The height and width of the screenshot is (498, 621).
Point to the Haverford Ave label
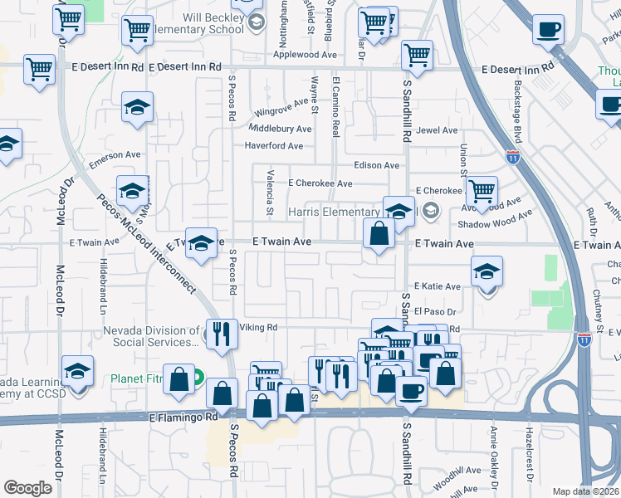point(273,146)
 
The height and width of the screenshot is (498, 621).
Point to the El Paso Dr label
point(437,311)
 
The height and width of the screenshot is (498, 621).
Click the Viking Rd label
point(258,328)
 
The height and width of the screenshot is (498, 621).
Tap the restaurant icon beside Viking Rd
point(222,334)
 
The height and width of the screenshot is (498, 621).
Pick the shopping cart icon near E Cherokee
point(482,191)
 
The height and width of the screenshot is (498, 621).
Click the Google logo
point(27,487)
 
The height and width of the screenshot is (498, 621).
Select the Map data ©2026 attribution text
point(585,491)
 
